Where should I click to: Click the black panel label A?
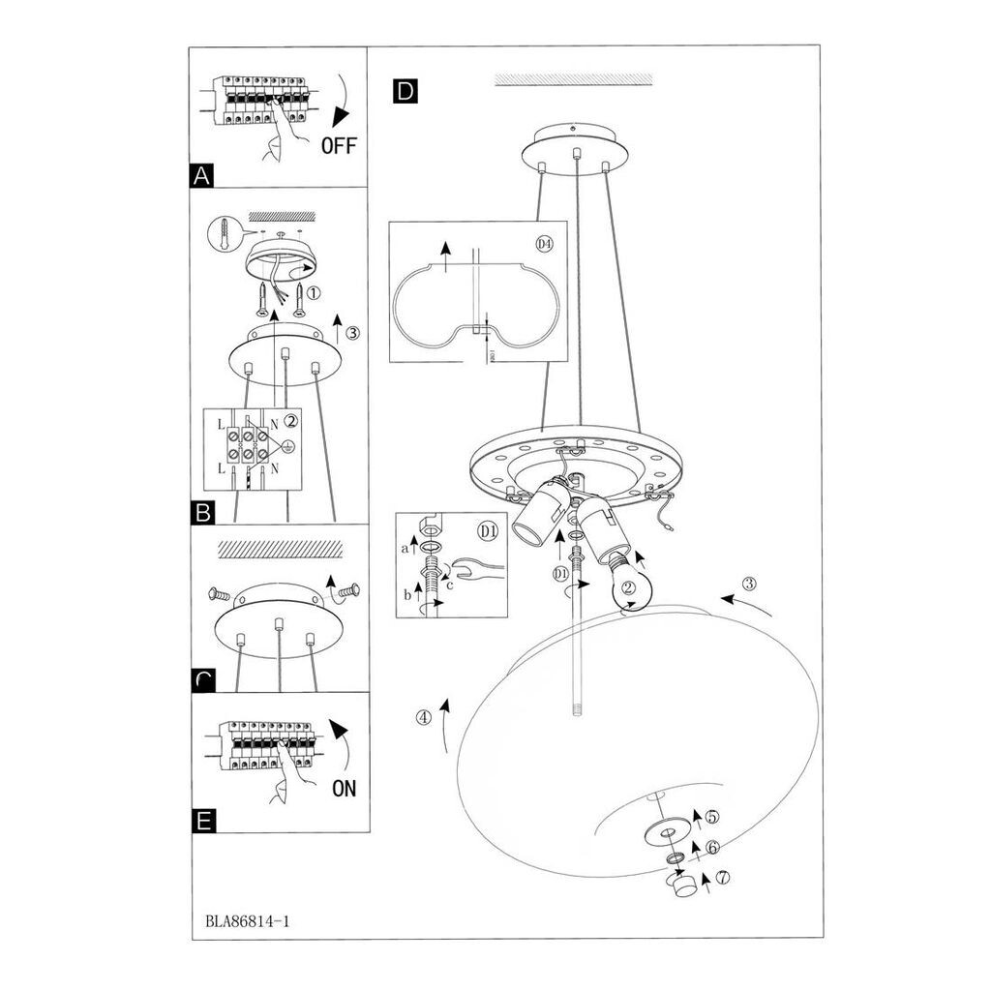(202, 175)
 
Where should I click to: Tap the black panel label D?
(405, 91)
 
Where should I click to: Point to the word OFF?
(339, 146)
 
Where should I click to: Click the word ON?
(344, 788)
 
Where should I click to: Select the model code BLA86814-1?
(248, 920)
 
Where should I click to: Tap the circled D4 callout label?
(544, 243)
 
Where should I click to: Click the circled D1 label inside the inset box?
(487, 530)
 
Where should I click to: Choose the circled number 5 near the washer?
(712, 818)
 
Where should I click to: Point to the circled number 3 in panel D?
(748, 584)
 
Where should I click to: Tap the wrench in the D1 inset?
(473, 572)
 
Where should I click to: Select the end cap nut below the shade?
(685, 885)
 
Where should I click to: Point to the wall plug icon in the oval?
(224, 233)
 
